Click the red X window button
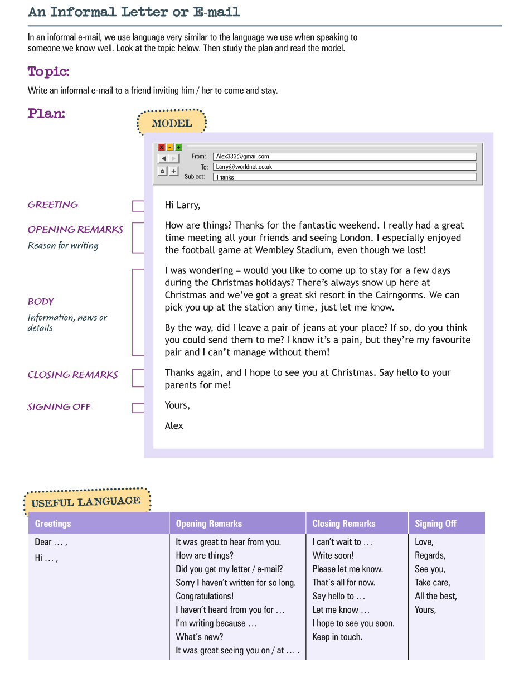coord(162,147)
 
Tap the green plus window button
coord(178,147)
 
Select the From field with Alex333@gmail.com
coord(345,157)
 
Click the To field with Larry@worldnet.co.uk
coord(345,167)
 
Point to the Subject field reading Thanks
coord(345,177)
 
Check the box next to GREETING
coord(138,206)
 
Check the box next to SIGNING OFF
coord(138,408)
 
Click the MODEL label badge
coord(172,123)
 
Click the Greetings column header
coord(53,524)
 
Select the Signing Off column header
coord(435,524)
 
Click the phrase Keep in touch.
coord(337,637)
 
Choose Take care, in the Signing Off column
coord(433,582)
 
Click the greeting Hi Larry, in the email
coord(182,205)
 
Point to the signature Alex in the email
coord(174,425)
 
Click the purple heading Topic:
coord(48,72)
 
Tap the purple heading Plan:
coord(46,113)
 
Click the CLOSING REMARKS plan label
coord(73,375)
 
